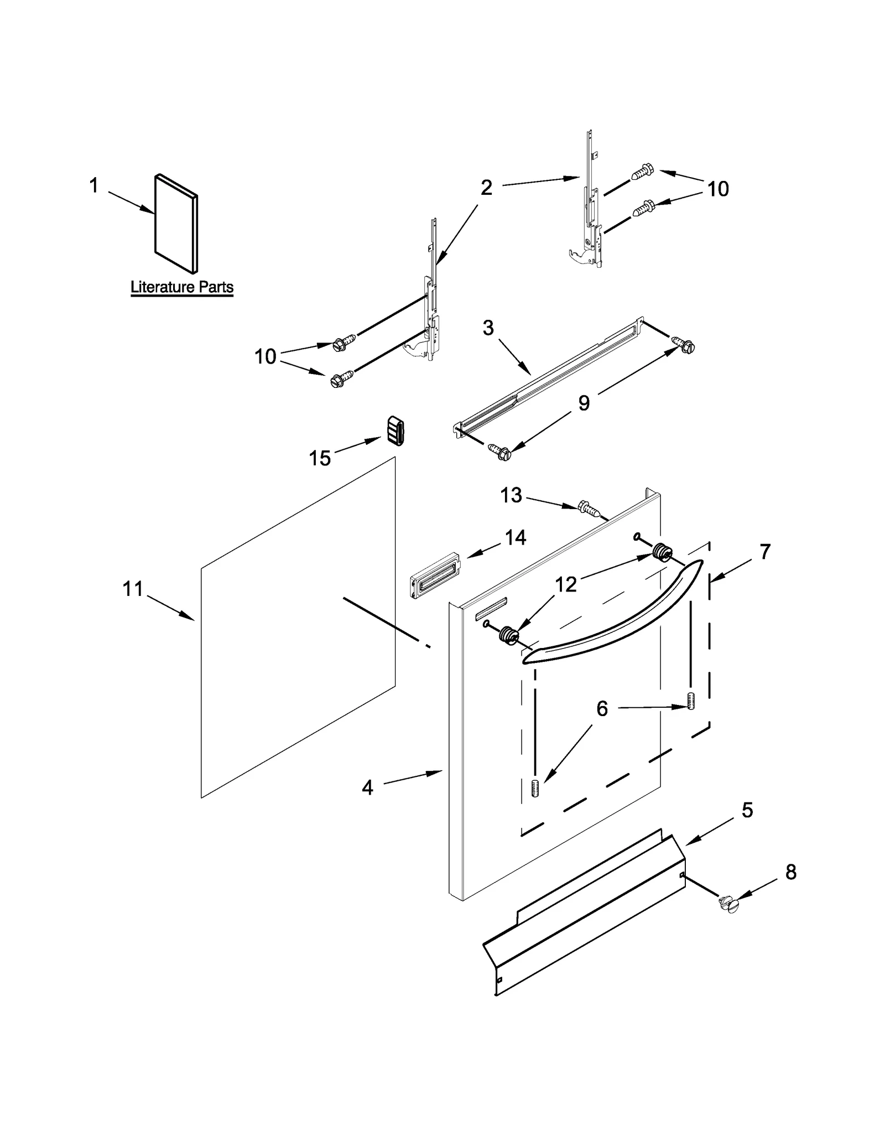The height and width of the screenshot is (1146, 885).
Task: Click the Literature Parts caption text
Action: [181, 287]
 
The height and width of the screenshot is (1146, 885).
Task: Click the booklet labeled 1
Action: [175, 224]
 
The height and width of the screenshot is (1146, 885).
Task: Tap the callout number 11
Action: [133, 589]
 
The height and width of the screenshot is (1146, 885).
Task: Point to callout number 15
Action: [320, 458]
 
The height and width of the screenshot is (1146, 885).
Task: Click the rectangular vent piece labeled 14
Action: [435, 575]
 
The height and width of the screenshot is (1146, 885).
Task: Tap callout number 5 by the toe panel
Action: [747, 810]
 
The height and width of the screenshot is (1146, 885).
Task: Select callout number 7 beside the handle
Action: [764, 552]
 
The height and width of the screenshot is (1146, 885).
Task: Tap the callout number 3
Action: [488, 328]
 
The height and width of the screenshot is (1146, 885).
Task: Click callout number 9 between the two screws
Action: [584, 403]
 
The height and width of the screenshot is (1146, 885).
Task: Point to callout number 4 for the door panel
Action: [367, 787]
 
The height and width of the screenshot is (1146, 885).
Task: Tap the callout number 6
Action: [602, 709]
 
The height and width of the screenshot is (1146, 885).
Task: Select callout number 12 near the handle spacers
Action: [566, 584]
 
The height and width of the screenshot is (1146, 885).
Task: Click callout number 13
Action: [511, 495]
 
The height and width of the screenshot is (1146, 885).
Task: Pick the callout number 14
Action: [516, 537]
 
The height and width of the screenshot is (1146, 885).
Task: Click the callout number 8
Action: [791, 873]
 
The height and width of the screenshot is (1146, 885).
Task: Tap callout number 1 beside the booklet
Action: [94, 185]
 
